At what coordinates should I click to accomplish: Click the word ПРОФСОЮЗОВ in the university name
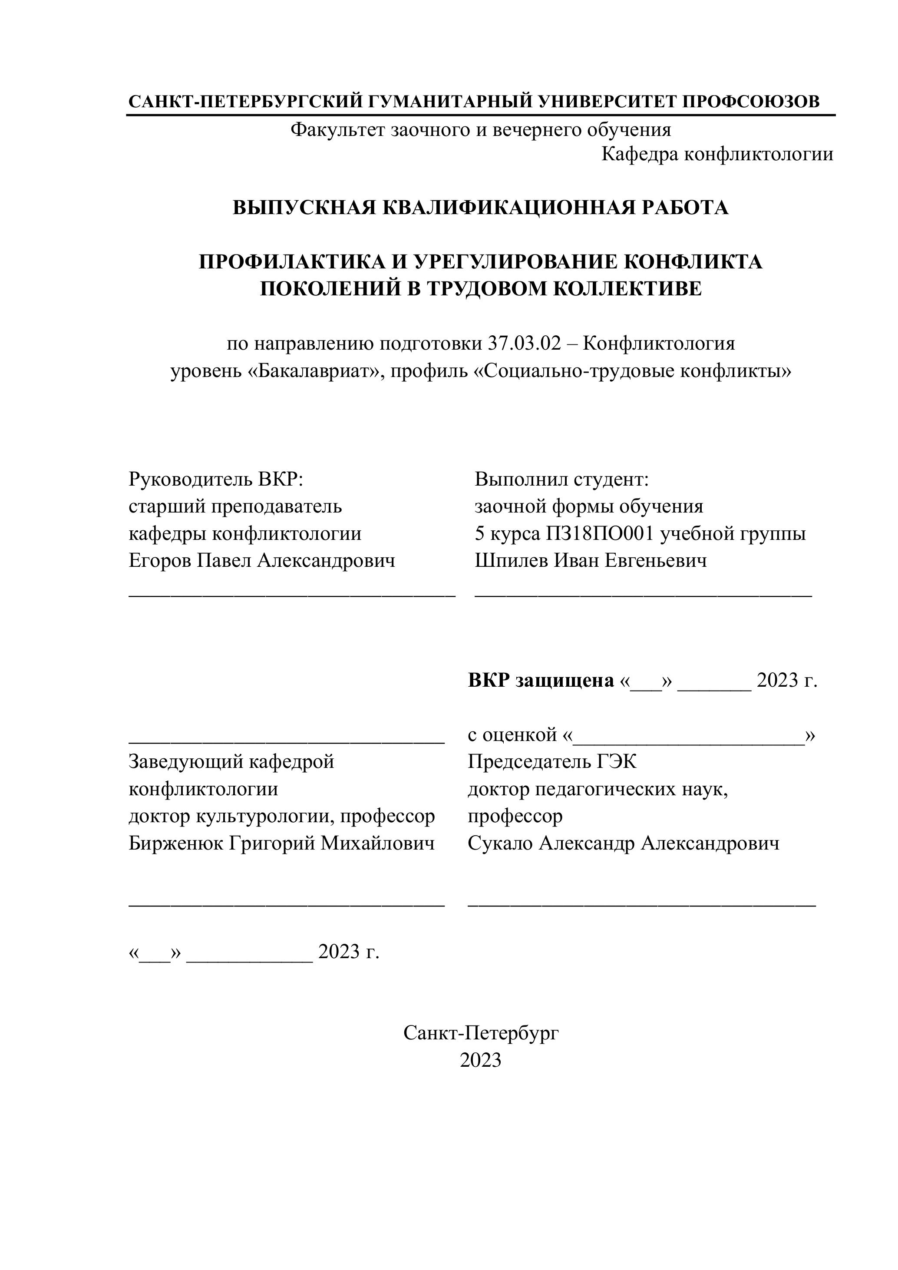(751, 102)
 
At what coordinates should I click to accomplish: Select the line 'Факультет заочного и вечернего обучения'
(481, 130)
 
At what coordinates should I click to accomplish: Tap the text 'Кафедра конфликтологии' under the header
(717, 154)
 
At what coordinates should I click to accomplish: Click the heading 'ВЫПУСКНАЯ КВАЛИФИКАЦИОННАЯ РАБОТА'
(481, 208)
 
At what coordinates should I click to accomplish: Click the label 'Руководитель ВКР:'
(216, 479)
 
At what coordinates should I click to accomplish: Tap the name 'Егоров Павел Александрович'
(262, 561)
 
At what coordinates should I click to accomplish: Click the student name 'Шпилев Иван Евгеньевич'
(591, 561)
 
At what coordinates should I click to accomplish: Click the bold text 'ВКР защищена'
(541, 680)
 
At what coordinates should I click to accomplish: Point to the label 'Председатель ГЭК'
(552, 762)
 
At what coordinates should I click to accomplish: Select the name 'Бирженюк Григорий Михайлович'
(281, 843)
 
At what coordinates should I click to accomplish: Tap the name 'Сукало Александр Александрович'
(624, 843)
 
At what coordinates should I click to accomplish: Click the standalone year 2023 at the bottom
(481, 1060)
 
